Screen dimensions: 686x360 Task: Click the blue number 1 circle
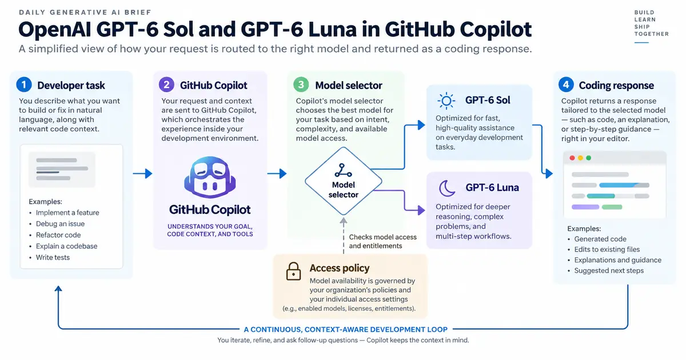click(24, 85)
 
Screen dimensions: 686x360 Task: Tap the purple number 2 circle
click(166, 85)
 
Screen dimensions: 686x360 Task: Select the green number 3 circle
click(301, 85)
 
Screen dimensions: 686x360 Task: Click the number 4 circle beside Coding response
click(566, 85)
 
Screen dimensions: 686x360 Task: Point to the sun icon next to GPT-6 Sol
click(446, 101)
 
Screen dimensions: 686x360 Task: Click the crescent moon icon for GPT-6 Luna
click(447, 188)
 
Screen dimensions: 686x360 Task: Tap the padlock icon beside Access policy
click(293, 271)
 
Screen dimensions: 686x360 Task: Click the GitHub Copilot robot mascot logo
click(210, 177)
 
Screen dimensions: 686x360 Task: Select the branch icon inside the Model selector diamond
click(343, 170)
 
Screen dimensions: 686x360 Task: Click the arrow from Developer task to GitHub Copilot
click(142, 174)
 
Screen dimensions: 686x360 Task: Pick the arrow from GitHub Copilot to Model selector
click(277, 174)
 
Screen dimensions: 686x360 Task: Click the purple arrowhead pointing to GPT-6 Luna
click(421, 210)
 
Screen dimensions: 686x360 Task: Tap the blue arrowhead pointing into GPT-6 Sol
click(421, 125)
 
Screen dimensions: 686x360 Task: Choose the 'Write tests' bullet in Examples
click(53, 258)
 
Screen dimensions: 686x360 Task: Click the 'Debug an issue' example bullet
click(60, 224)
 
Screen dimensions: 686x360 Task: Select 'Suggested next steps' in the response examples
click(609, 271)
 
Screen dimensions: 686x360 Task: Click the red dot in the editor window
click(572, 158)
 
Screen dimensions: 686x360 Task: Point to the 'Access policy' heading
click(340, 268)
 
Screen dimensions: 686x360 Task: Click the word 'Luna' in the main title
click(332, 29)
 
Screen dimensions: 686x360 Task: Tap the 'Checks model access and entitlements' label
click(383, 242)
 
